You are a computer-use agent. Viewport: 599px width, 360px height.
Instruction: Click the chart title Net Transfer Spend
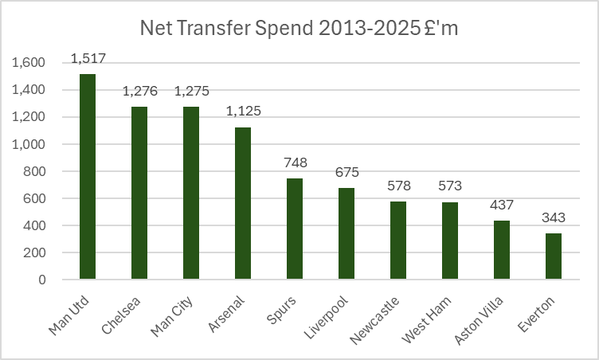[299, 29]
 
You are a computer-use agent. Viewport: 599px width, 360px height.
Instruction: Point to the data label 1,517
[88, 59]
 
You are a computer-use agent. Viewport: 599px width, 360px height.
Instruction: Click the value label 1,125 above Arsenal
[243, 112]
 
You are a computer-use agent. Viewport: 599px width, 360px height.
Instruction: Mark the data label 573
[450, 186]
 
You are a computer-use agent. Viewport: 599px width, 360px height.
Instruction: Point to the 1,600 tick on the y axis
[29, 63]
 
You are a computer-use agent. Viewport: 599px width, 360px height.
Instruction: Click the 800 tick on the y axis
[34, 171]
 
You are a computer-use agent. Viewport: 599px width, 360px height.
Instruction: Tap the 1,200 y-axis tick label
[29, 117]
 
